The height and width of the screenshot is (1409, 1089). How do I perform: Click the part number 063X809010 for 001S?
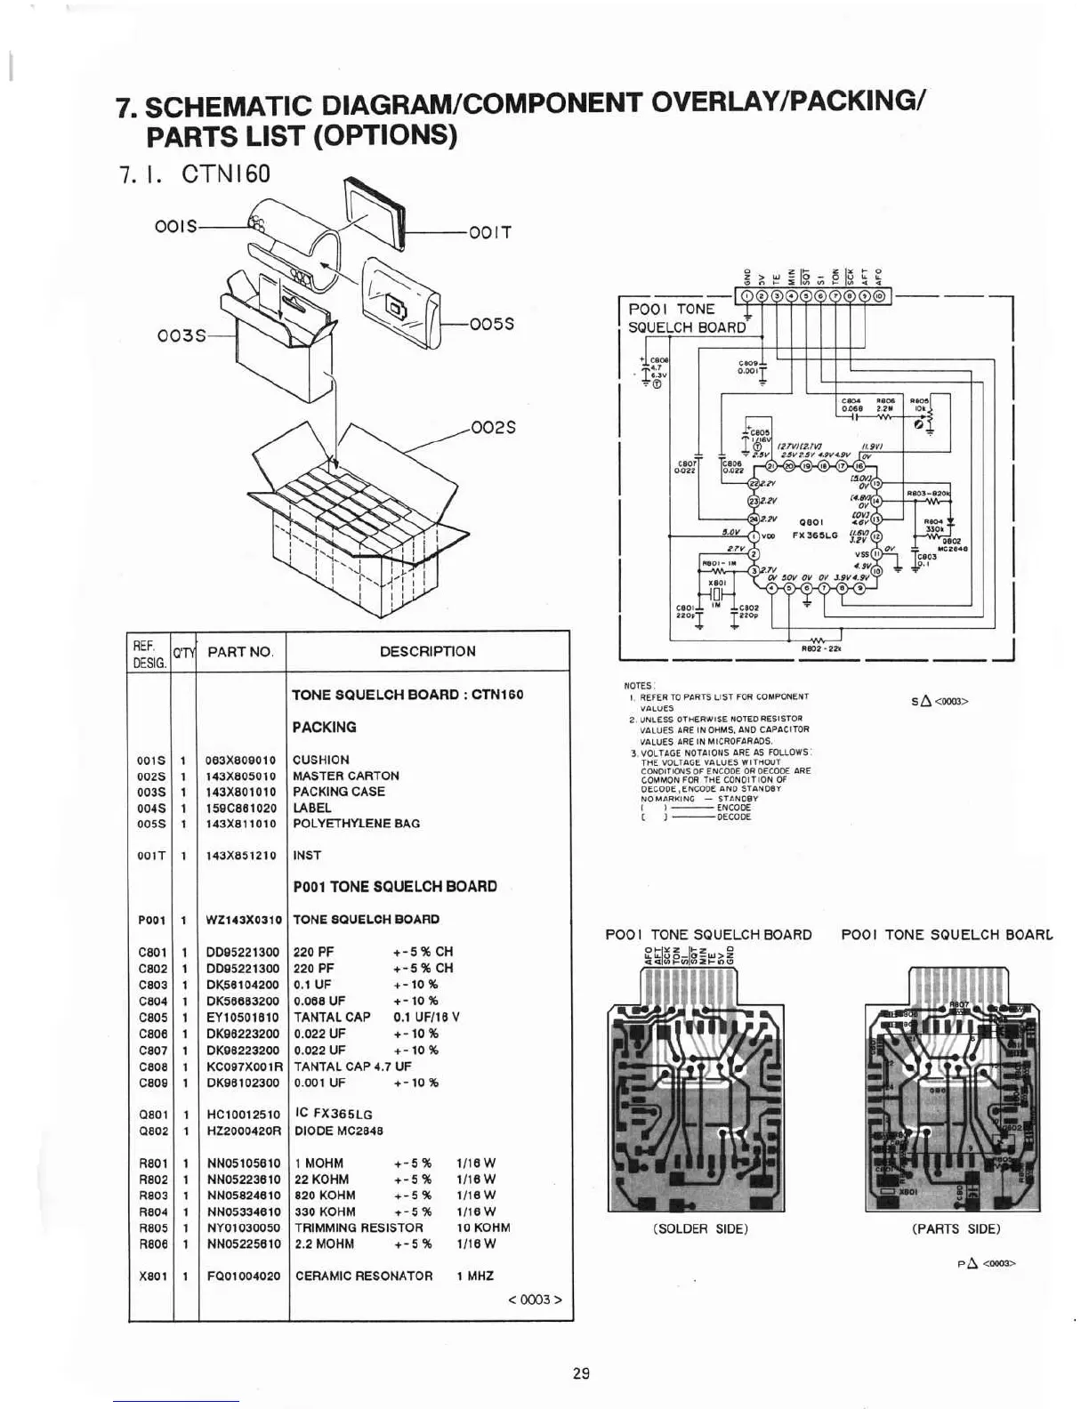pos(240,761)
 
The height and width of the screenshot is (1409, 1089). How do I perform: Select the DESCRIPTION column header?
pos(427,651)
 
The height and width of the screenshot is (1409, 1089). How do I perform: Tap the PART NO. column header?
pos(240,652)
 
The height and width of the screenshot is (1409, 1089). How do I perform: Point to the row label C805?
pos(153,1017)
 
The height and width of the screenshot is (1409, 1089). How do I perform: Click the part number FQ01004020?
pos(243,1276)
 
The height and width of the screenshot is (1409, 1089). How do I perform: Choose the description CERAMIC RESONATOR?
pos(363,1276)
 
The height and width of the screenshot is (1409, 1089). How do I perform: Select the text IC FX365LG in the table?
pos(333,1114)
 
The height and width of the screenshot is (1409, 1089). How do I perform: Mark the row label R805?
pos(153,1228)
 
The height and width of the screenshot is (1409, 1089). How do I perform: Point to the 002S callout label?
pos(493,428)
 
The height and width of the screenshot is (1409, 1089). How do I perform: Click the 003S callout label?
pos(181,335)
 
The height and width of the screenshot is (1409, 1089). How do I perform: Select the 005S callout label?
pos(491,325)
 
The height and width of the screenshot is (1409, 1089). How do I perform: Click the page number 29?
pos(581,1373)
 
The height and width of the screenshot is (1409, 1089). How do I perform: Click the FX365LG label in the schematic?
pos(815,535)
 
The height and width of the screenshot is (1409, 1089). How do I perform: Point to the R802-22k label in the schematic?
pos(816,649)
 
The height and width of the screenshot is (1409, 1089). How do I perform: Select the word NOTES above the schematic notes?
pos(638,686)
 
